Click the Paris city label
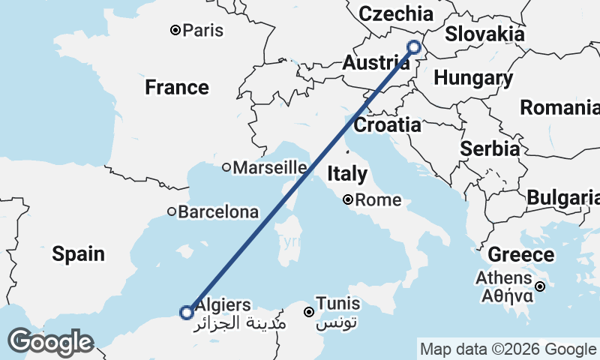tap(203, 31)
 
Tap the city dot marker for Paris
tap(175, 31)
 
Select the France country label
tap(177, 88)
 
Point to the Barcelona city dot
tap(172, 212)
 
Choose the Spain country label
tap(78, 253)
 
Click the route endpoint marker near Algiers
tap(187, 312)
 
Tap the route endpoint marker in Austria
tap(414, 48)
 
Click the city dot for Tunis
tap(308, 311)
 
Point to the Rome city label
tap(378, 200)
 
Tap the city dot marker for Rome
tap(349, 200)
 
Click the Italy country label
tap(347, 175)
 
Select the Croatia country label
tap(387, 125)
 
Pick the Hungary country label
tap(473, 78)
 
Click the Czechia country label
tap(396, 14)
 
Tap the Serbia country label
tap(490, 149)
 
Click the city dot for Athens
tap(540, 286)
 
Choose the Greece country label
tap(520, 255)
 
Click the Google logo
tap(50, 342)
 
